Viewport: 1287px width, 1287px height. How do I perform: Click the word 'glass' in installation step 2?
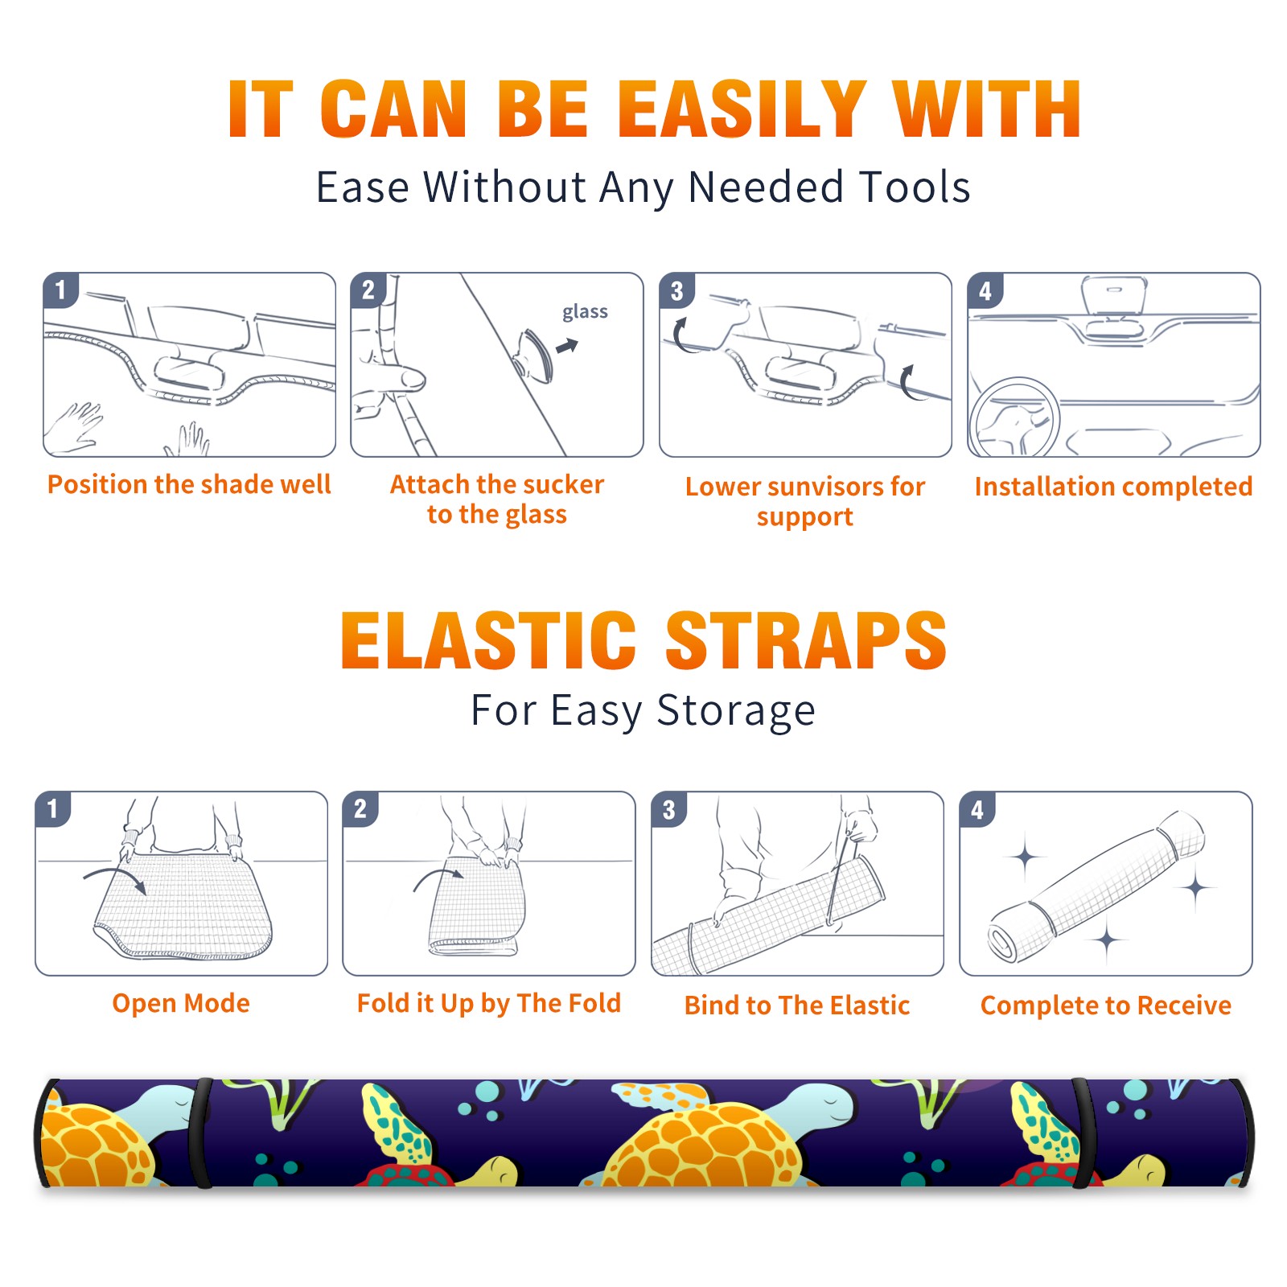pyautogui.click(x=585, y=312)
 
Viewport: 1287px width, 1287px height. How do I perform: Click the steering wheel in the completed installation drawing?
pyautogui.click(x=1014, y=418)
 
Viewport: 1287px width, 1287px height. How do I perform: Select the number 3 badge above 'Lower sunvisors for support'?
pyautogui.click(x=676, y=291)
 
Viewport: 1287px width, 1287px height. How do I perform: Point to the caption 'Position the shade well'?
pyautogui.click(x=189, y=484)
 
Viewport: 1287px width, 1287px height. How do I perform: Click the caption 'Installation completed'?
pyautogui.click(x=1113, y=487)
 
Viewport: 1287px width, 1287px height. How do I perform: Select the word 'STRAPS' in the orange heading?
pyautogui.click(x=806, y=640)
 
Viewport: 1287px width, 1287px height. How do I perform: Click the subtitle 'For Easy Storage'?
pyautogui.click(x=643, y=711)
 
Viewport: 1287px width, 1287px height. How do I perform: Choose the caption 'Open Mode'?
pyautogui.click(x=181, y=1003)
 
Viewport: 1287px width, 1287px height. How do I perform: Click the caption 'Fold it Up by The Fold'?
pyautogui.click(x=489, y=1003)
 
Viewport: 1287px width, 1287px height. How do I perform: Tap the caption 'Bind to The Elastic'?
pyautogui.click(x=797, y=1005)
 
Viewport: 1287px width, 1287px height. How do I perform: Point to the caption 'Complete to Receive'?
pyautogui.click(x=1106, y=1005)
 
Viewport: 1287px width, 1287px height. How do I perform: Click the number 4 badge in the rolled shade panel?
pyautogui.click(x=977, y=809)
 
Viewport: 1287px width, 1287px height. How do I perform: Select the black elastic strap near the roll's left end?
pyautogui.click(x=201, y=1133)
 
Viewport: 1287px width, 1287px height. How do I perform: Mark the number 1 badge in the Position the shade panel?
pyautogui.click(x=60, y=290)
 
